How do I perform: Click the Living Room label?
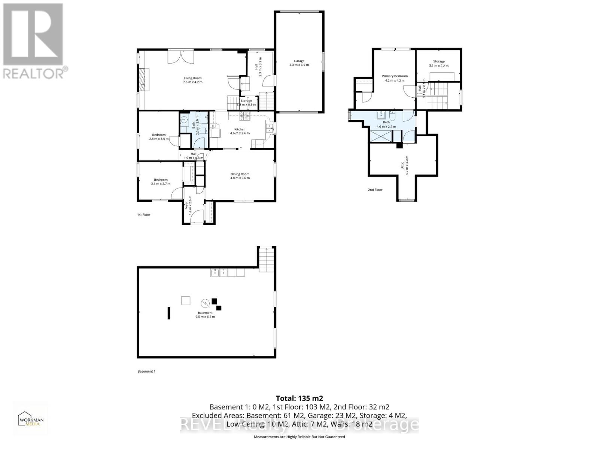[x=192, y=80]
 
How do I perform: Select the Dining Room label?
[x=240, y=176]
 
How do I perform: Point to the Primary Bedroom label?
[x=395, y=78]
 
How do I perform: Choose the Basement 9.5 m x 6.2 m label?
[x=205, y=315]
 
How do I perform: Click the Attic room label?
[x=404, y=162]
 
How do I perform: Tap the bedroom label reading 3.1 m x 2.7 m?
[x=161, y=182]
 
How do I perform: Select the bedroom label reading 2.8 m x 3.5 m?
[x=159, y=137]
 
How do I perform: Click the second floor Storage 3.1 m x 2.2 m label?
[x=439, y=64]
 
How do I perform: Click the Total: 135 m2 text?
[x=299, y=398]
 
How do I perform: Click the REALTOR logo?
[x=34, y=41]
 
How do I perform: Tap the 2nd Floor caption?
[x=375, y=190]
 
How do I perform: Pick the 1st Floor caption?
[x=143, y=215]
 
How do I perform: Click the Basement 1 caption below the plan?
[x=146, y=371]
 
